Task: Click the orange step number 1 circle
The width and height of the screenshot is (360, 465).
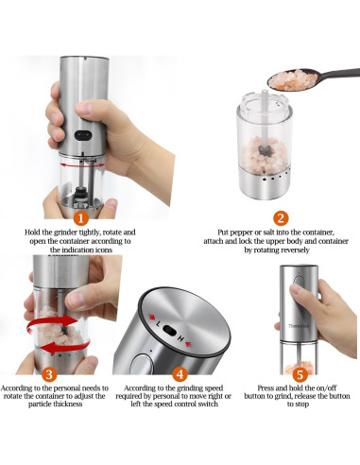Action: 81,218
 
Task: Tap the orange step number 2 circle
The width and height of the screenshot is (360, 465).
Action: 281,218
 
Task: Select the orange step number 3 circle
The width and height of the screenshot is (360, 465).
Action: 49,374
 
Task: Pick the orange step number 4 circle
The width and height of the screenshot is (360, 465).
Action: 180,374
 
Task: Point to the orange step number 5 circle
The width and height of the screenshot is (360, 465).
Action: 300,374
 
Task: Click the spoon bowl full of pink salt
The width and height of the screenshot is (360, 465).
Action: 293,79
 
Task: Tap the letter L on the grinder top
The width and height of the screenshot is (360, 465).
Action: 159,324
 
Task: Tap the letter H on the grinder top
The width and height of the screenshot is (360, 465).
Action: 180,339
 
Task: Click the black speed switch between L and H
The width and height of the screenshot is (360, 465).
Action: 169,331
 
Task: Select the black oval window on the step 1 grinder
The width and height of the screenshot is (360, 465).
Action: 83,135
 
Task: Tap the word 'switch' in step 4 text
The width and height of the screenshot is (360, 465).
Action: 208,404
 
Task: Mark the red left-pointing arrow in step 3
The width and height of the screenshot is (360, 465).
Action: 64,347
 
